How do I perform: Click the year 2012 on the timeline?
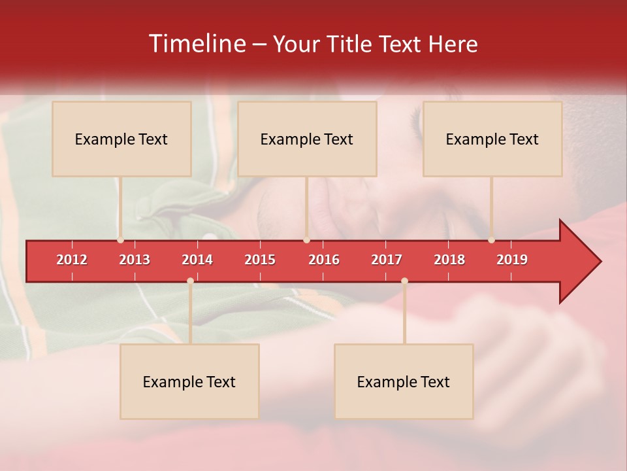click(x=72, y=260)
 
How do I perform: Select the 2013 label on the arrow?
click(x=135, y=260)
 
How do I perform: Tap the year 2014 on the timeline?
click(x=197, y=260)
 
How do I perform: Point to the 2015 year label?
click(x=260, y=260)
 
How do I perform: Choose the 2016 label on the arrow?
click(x=324, y=260)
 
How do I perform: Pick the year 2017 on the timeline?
click(x=387, y=260)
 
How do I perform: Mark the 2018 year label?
click(x=449, y=260)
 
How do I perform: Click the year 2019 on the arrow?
click(x=512, y=260)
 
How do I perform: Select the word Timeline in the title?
click(x=196, y=44)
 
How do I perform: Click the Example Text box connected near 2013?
click(x=121, y=139)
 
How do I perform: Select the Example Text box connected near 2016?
click(x=307, y=139)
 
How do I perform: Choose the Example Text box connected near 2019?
click(x=492, y=139)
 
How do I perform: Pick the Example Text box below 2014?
click(x=189, y=381)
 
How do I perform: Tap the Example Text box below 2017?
click(x=404, y=381)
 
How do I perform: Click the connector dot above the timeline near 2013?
click(x=120, y=240)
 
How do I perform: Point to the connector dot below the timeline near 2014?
click(x=190, y=281)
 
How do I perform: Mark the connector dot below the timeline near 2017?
click(x=404, y=281)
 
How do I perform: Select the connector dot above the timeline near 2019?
click(x=491, y=240)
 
